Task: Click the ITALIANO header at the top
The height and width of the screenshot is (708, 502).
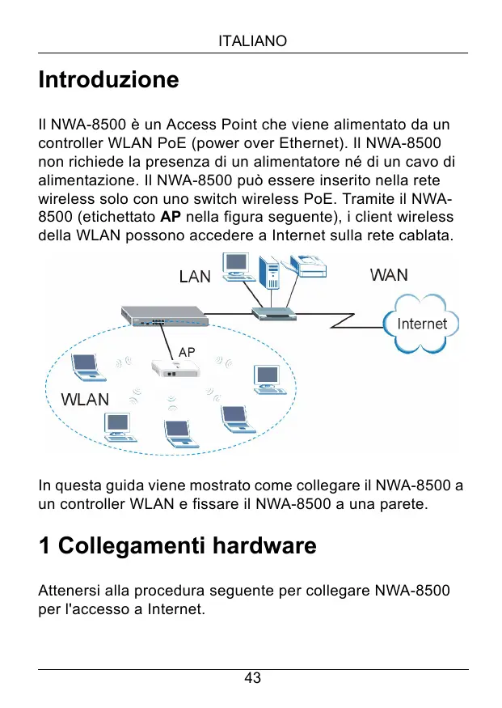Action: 252,40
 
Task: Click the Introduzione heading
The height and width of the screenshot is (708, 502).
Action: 108,80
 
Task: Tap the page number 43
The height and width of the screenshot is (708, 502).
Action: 252,678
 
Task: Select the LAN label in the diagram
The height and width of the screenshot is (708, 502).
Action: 194,277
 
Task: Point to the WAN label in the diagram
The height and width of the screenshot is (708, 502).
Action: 389,275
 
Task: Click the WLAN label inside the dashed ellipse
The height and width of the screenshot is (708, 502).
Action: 86,399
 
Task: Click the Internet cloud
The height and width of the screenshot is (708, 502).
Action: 421,324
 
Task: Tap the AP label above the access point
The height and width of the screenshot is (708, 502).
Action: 187,353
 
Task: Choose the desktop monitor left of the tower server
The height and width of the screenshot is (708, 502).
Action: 237,265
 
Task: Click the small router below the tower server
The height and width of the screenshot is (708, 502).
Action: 273,313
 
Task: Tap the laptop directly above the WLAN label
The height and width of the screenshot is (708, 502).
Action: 86,368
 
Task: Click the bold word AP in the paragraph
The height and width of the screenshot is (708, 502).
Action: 170,217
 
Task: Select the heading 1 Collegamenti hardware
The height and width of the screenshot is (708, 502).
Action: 177,547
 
